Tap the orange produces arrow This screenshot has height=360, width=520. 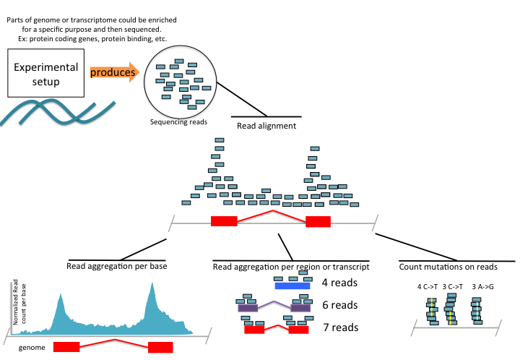[x=113, y=72]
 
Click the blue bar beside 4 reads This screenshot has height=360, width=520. [x=292, y=286]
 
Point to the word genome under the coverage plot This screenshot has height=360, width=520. [x=27, y=348]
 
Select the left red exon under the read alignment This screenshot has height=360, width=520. [x=224, y=221]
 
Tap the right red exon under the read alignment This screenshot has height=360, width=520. [x=318, y=221]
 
